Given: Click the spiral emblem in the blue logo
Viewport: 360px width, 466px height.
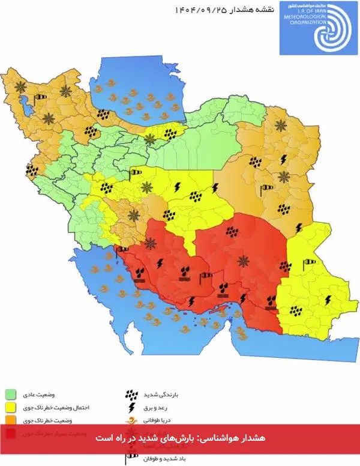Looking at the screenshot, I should pyautogui.click(x=328, y=30).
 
